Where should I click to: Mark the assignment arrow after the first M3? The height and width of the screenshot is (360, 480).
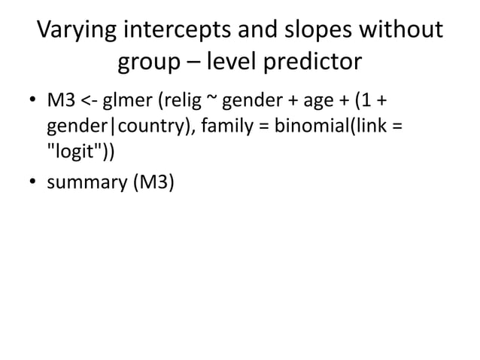click(87, 101)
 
